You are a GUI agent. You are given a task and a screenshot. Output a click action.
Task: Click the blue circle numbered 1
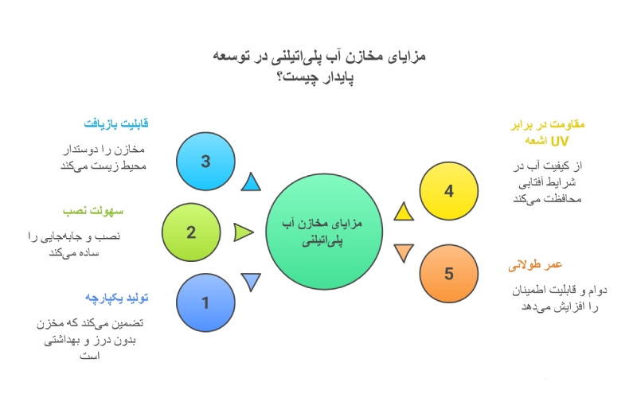(205, 302)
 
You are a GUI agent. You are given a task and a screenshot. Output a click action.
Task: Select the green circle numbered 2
(191, 232)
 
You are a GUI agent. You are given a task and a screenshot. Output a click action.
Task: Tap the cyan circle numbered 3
(205, 162)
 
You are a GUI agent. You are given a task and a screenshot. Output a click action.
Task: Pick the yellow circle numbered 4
(448, 191)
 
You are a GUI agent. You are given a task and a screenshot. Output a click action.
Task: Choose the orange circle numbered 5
(448, 274)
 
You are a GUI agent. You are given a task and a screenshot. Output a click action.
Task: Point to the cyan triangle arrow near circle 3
(252, 182)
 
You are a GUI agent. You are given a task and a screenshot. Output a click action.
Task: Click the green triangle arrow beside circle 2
(243, 232)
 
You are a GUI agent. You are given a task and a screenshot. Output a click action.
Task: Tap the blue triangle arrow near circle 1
(252, 282)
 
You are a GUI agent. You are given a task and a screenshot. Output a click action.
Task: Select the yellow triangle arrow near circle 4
(403, 211)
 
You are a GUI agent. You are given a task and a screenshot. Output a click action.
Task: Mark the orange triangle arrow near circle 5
(403, 253)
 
